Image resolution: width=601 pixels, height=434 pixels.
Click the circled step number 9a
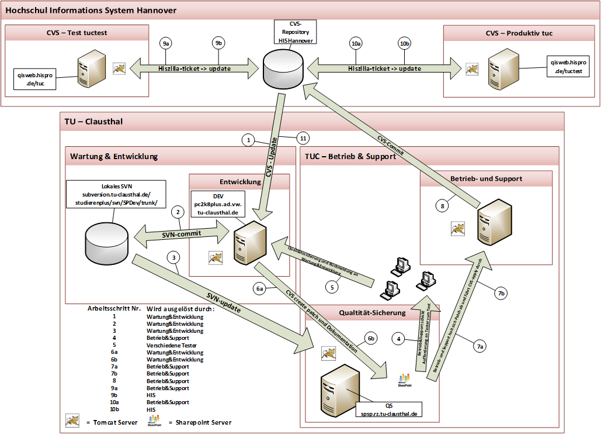pos(166,44)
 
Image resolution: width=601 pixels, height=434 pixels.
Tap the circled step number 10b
pos(404,44)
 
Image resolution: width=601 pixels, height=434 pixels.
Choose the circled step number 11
pos(302,139)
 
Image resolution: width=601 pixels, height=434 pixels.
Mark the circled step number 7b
pos(502,294)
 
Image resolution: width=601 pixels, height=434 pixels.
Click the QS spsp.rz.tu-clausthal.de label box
pos(386,409)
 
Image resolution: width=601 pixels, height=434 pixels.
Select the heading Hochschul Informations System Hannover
pos(91,11)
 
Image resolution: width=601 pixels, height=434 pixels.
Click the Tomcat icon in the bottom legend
pos(73,421)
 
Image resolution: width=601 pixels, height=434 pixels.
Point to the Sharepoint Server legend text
pos(200,422)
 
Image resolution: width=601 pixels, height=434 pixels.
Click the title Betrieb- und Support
pos(486,178)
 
